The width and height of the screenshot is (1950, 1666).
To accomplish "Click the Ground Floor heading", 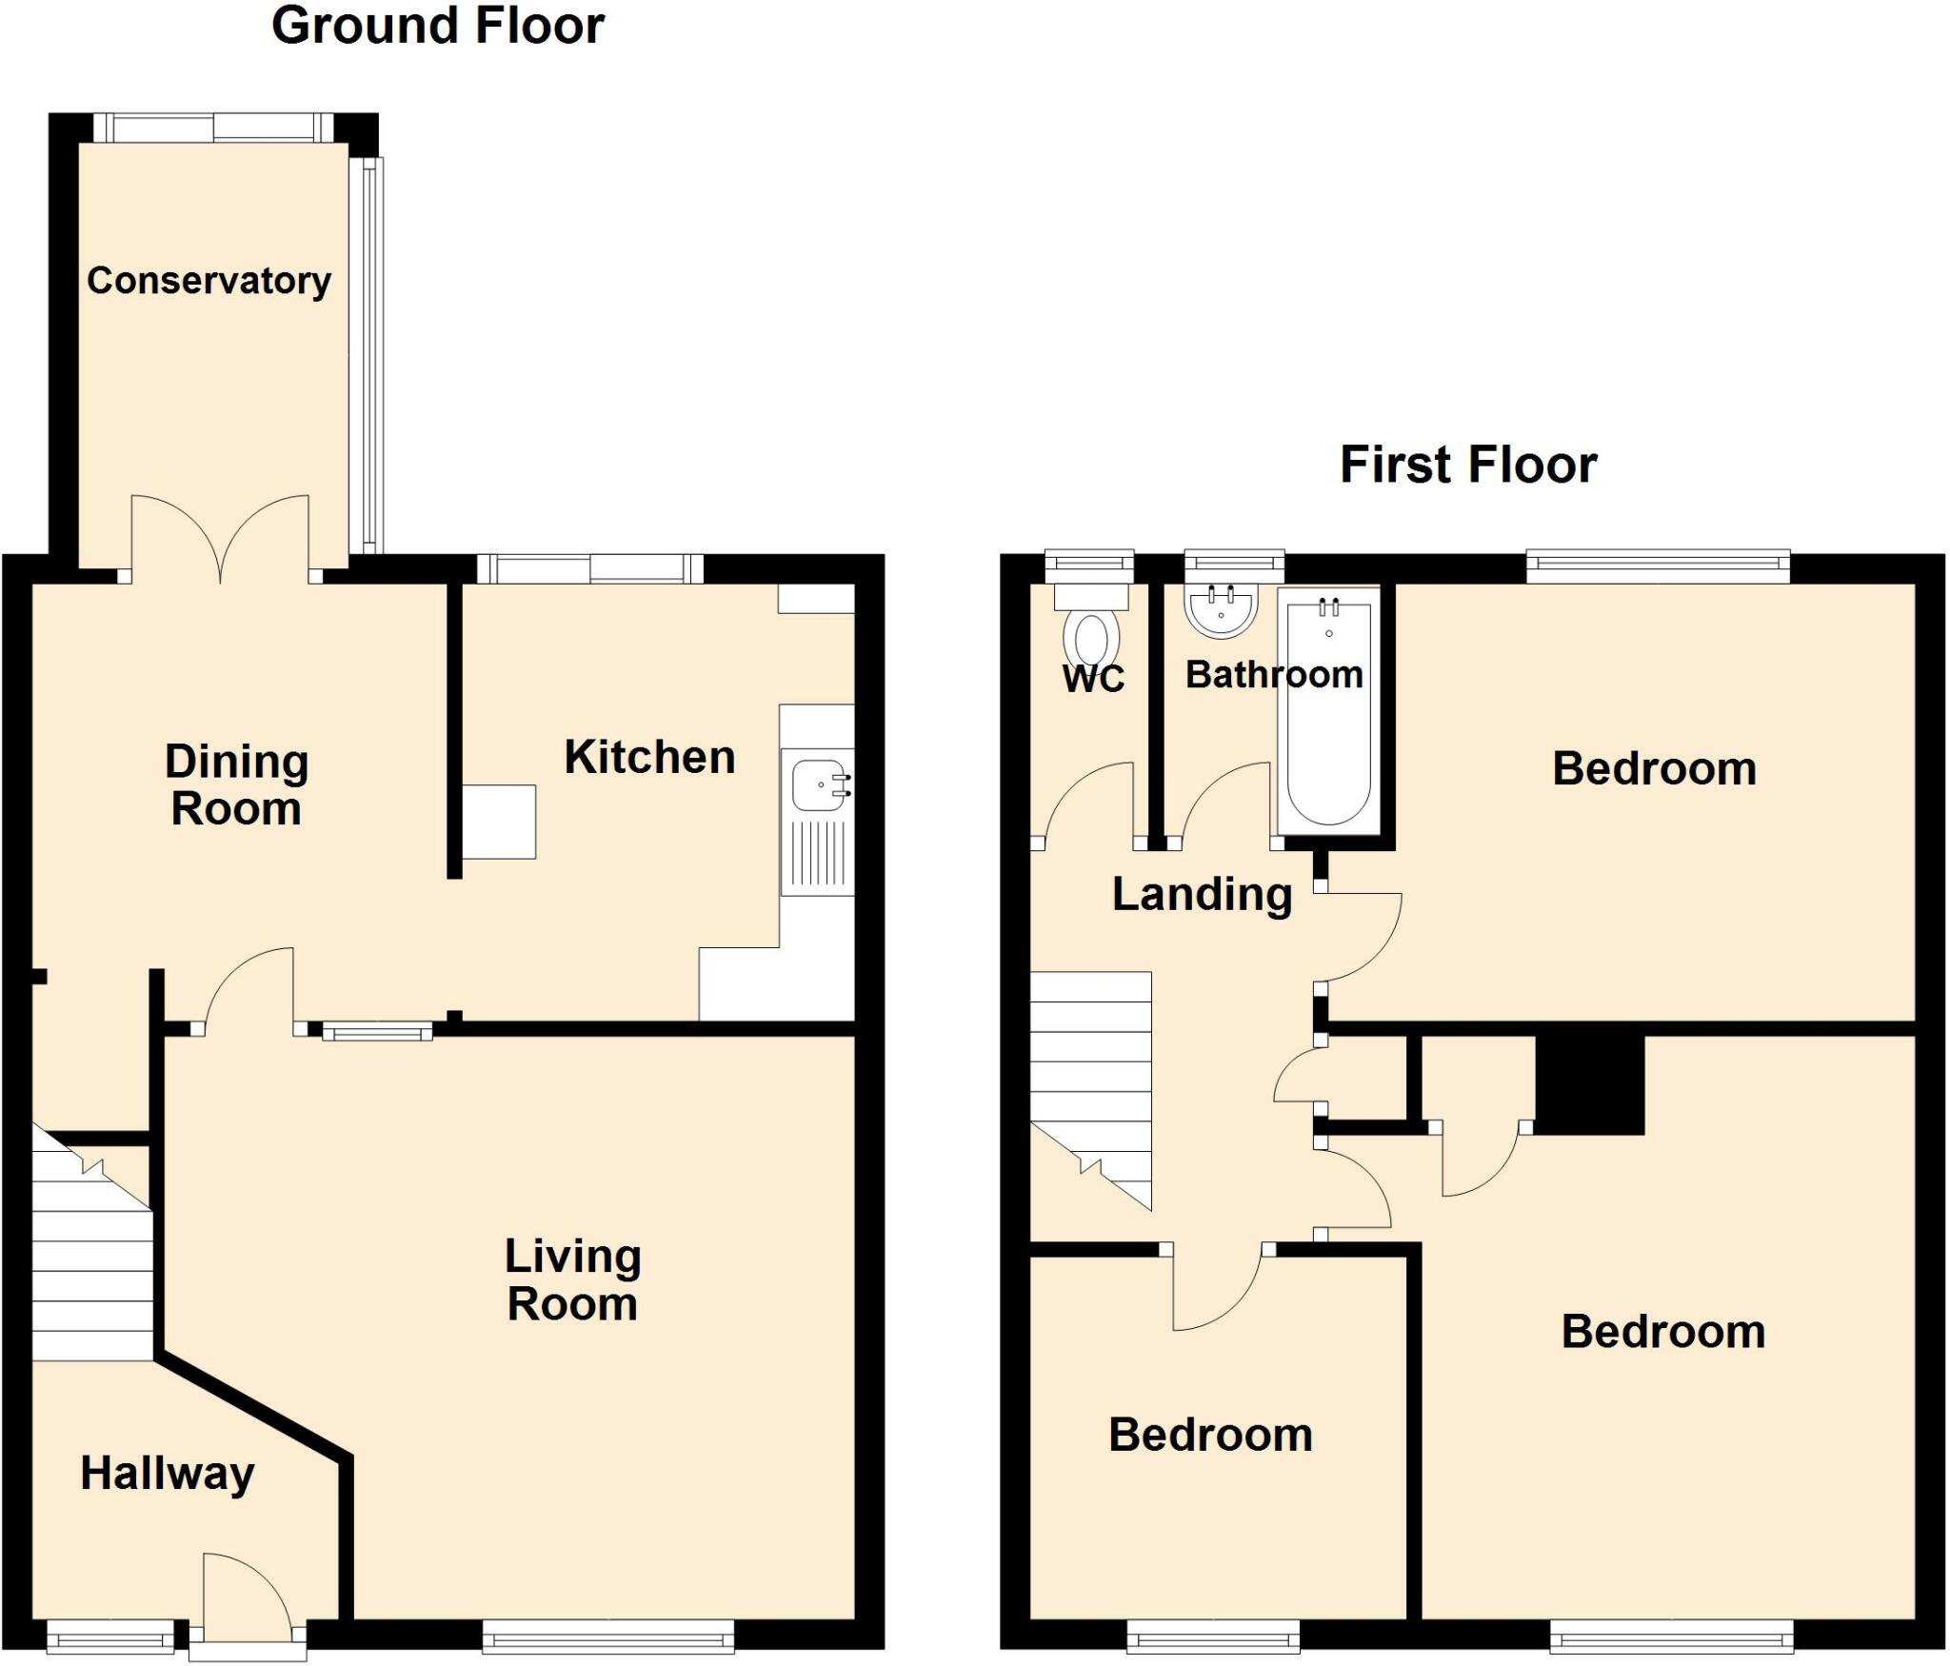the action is (438, 26).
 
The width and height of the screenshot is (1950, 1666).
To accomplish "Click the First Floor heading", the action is (1468, 466).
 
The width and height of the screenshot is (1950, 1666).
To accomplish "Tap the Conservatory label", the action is (209, 281).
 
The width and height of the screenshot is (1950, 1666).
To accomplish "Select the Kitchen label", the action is (650, 758).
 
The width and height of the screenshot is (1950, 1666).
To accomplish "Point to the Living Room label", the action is (573, 1279).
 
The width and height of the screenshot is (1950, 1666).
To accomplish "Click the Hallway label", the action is (168, 1474).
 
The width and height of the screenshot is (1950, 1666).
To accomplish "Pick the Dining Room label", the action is (237, 785).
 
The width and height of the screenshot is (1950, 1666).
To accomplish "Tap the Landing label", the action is (1203, 895).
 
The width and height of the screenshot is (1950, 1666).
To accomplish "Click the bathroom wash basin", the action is (1222, 609).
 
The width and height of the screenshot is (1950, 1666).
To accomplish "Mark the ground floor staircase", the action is (92, 1243).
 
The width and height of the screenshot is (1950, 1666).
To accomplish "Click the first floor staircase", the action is (1091, 1091).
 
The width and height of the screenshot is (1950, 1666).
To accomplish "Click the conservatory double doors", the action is (220, 539).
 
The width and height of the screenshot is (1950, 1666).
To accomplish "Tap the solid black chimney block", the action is (1590, 1084).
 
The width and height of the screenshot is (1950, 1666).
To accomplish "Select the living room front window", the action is (608, 1637).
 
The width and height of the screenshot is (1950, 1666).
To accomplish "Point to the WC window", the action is (1089, 565).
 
